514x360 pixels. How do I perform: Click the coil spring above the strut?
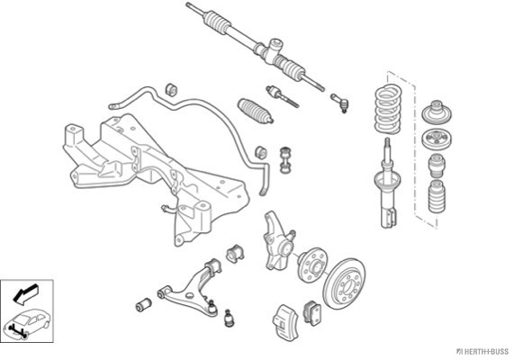click(x=388, y=109)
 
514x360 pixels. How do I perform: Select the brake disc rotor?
click(x=345, y=283)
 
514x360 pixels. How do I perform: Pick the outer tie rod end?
click(x=340, y=102)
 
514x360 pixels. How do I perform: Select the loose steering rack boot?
click(x=256, y=111)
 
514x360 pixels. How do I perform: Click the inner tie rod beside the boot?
click(x=282, y=96)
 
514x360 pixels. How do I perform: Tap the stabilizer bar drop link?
click(x=285, y=160)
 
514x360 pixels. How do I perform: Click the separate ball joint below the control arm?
click(x=230, y=318)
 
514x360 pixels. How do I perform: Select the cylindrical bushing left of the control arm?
click(x=144, y=305)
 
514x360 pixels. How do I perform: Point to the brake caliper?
click(x=286, y=322)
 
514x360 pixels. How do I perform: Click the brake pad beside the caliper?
click(x=312, y=313)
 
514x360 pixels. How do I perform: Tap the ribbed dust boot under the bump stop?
click(x=437, y=197)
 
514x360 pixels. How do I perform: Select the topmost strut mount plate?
click(x=437, y=113)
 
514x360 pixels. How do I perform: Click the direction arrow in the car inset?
click(x=25, y=293)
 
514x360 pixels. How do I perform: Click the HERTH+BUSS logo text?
click(x=482, y=352)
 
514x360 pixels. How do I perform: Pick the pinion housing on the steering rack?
click(x=273, y=50)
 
